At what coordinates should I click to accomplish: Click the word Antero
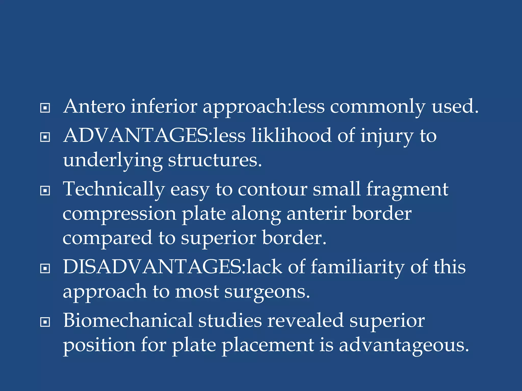tap(94, 106)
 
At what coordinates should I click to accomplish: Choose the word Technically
tap(114, 190)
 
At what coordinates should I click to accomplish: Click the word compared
tap(107, 238)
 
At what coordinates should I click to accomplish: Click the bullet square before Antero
tap(45, 108)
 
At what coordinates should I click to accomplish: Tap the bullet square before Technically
tap(45, 191)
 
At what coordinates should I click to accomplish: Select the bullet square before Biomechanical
tap(45, 322)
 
